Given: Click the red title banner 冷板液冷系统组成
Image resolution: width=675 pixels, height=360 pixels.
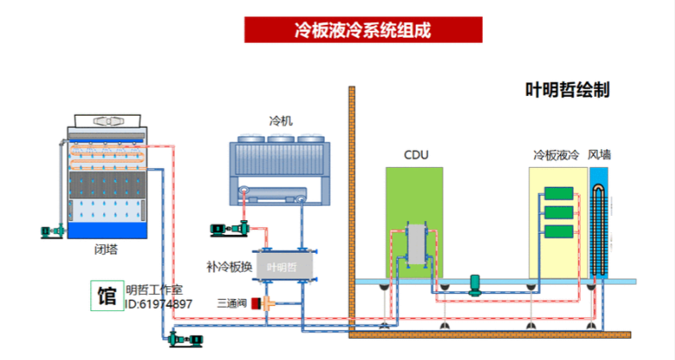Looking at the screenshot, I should point(363,29).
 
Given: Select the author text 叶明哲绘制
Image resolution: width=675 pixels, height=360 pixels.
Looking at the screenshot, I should point(567,89).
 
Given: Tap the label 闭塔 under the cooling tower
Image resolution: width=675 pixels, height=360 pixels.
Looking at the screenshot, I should point(106,249).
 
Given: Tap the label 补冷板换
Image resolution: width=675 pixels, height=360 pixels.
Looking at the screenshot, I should point(229,267).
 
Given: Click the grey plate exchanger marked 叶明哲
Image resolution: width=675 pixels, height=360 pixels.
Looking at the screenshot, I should point(286,267).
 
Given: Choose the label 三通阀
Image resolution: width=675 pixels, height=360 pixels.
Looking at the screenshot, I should point(232,303).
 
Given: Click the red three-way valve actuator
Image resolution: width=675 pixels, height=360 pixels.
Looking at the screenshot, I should point(256,303).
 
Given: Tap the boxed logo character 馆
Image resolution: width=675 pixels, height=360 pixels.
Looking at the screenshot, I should point(107,296).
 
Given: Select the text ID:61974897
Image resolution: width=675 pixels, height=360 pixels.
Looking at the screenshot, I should point(159,304).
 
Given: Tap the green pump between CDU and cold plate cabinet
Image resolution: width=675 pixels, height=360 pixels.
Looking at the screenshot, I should point(476,284).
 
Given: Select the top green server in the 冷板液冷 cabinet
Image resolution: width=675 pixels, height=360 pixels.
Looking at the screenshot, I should point(557,195).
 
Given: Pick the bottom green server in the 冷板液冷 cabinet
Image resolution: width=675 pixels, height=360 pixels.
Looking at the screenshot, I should point(557,231).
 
